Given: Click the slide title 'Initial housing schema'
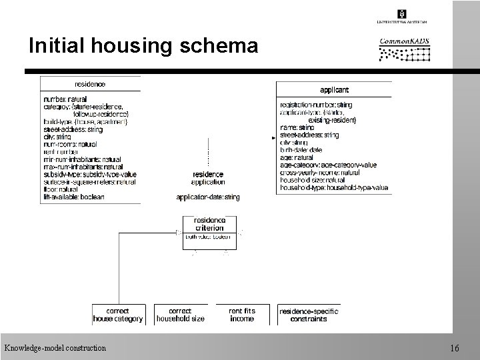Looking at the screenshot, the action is click(143, 45).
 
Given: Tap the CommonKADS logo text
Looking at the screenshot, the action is click(404, 41).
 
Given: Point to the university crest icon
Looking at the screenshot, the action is click(402, 14).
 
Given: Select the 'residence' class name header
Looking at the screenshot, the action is click(90, 84).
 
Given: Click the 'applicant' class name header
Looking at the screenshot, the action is click(333, 89).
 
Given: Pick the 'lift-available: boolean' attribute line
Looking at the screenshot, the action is click(73, 197).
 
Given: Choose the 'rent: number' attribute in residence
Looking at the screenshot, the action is click(61, 151).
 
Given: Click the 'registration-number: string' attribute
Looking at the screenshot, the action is click(316, 105).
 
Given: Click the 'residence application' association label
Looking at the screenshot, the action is click(208, 178).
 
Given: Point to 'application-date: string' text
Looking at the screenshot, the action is click(208, 197).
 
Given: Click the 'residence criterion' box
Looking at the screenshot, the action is click(209, 224).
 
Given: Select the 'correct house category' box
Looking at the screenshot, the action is click(118, 315).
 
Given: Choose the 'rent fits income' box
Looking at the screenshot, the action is click(241, 315).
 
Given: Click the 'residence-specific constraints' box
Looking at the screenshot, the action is click(309, 315).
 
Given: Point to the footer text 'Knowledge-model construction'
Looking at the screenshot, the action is click(55, 348).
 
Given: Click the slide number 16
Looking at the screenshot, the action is click(455, 348).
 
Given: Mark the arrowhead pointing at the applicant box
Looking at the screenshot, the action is click(274, 139).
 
